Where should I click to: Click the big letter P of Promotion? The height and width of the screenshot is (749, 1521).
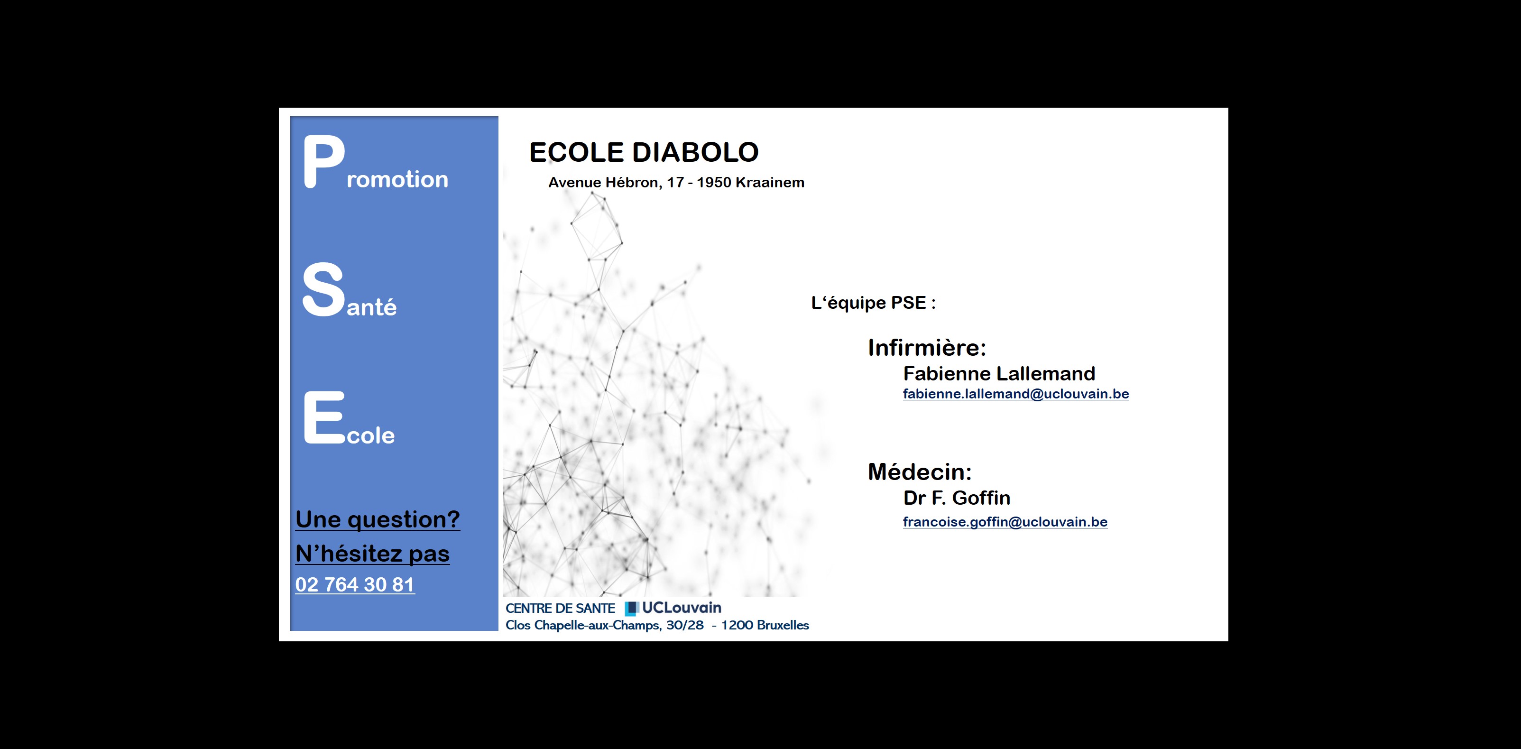323,161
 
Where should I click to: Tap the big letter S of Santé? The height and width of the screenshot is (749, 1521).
323,289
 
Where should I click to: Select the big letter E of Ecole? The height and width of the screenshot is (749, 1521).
324,417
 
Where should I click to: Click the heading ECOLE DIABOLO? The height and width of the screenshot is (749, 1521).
644,152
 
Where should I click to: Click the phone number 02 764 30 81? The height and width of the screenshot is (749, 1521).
355,584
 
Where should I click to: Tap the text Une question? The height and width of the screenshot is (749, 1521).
378,519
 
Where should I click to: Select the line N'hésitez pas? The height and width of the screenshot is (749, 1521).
373,554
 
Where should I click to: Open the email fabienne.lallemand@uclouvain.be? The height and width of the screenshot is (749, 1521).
1015,394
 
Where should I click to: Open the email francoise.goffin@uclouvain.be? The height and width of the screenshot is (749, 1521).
1005,522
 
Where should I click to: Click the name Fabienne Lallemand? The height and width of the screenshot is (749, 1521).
999,373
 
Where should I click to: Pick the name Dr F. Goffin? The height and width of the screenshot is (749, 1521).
957,498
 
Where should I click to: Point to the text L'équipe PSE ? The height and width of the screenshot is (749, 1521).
873,303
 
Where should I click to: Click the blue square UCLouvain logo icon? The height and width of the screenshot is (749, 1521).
632,609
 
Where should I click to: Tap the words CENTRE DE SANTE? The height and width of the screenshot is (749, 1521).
560,609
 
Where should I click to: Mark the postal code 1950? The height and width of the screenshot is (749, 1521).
714,183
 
